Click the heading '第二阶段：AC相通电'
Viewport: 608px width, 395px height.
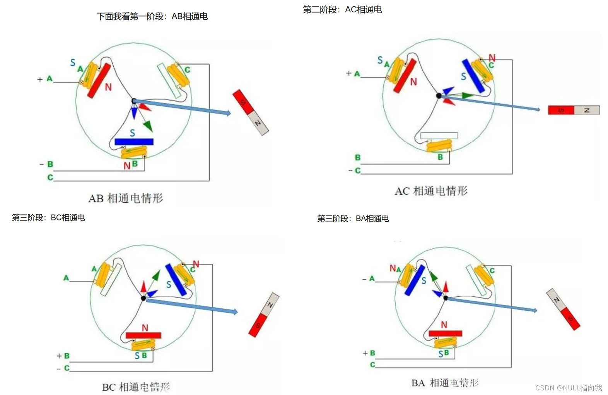tap(342, 10)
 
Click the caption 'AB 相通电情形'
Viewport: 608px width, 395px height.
tap(126, 198)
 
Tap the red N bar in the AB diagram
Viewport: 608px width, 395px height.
tap(99, 81)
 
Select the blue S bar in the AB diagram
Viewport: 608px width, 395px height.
tap(134, 142)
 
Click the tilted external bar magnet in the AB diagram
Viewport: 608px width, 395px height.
tap(250, 112)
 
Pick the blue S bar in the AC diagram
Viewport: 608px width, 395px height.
tap(473, 76)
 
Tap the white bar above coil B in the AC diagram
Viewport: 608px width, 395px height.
tap(439, 136)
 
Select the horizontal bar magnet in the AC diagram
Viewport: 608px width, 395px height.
tap(574, 110)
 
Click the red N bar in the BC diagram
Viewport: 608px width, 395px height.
tap(143, 335)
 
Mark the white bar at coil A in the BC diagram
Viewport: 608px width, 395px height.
tap(111, 280)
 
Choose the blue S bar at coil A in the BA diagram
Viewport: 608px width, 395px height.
tap(415, 280)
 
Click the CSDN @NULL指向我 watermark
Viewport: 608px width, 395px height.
tap(569, 388)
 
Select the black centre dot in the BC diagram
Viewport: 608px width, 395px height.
tap(143, 298)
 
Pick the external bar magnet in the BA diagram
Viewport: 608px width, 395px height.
tap(563, 309)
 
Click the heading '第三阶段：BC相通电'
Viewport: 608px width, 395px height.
tap(48, 218)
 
